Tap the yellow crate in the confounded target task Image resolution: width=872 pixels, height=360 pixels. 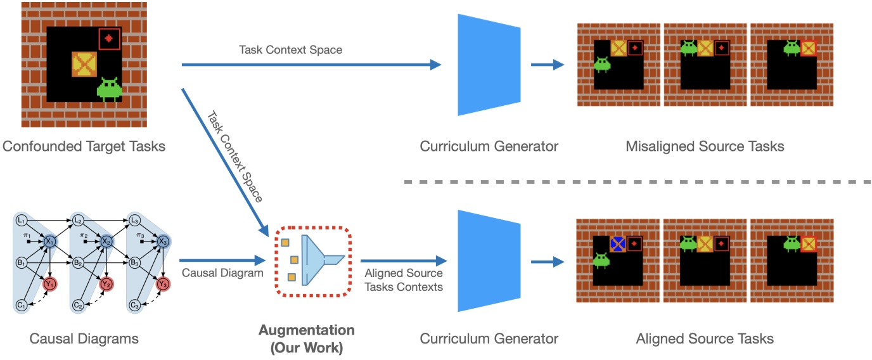pos(84,65)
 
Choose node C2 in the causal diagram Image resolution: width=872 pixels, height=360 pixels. pos(79,305)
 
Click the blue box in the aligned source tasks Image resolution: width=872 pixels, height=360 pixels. pos(619,243)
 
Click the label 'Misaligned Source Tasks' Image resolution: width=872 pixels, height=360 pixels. pos(705,146)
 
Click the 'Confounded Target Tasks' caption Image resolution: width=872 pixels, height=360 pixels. pos(84,146)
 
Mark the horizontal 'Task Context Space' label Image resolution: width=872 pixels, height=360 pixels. pos(290,49)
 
